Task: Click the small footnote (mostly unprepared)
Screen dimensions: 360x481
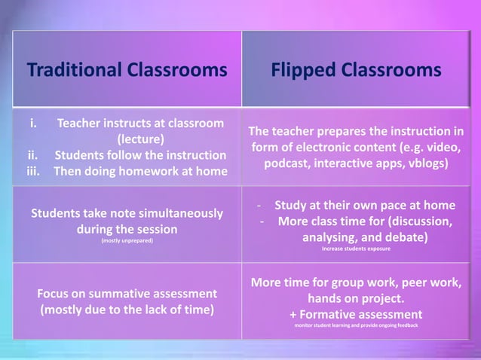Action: (127, 241)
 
